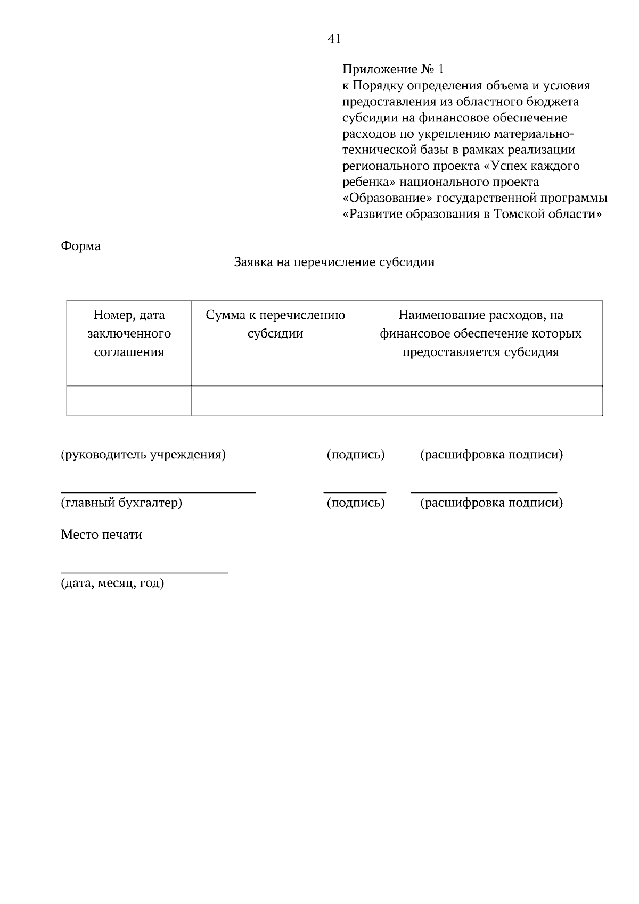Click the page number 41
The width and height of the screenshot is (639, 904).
click(334, 39)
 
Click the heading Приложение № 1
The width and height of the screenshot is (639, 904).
click(392, 69)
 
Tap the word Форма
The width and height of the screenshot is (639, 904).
click(80, 246)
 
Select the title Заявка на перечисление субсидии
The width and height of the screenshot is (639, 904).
click(334, 262)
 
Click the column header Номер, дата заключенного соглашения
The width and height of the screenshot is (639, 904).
click(129, 334)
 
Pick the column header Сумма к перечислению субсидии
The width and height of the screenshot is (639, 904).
click(275, 324)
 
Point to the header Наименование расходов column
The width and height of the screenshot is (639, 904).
click(480, 334)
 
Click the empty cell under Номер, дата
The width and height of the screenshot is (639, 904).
click(129, 400)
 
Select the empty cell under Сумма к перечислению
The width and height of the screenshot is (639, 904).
click(275, 400)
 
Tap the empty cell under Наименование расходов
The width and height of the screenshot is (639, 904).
click(480, 400)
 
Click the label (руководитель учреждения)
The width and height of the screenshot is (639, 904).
click(143, 455)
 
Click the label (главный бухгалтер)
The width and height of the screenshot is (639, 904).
click(121, 503)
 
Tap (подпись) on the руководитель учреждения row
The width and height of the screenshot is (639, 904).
click(355, 455)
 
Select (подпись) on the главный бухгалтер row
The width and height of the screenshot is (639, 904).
click(355, 503)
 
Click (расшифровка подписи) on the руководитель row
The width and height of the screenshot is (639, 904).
click(491, 455)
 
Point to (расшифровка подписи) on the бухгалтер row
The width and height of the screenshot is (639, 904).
click(491, 503)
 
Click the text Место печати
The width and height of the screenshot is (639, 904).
click(102, 535)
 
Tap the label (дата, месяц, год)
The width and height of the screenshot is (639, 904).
click(112, 584)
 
